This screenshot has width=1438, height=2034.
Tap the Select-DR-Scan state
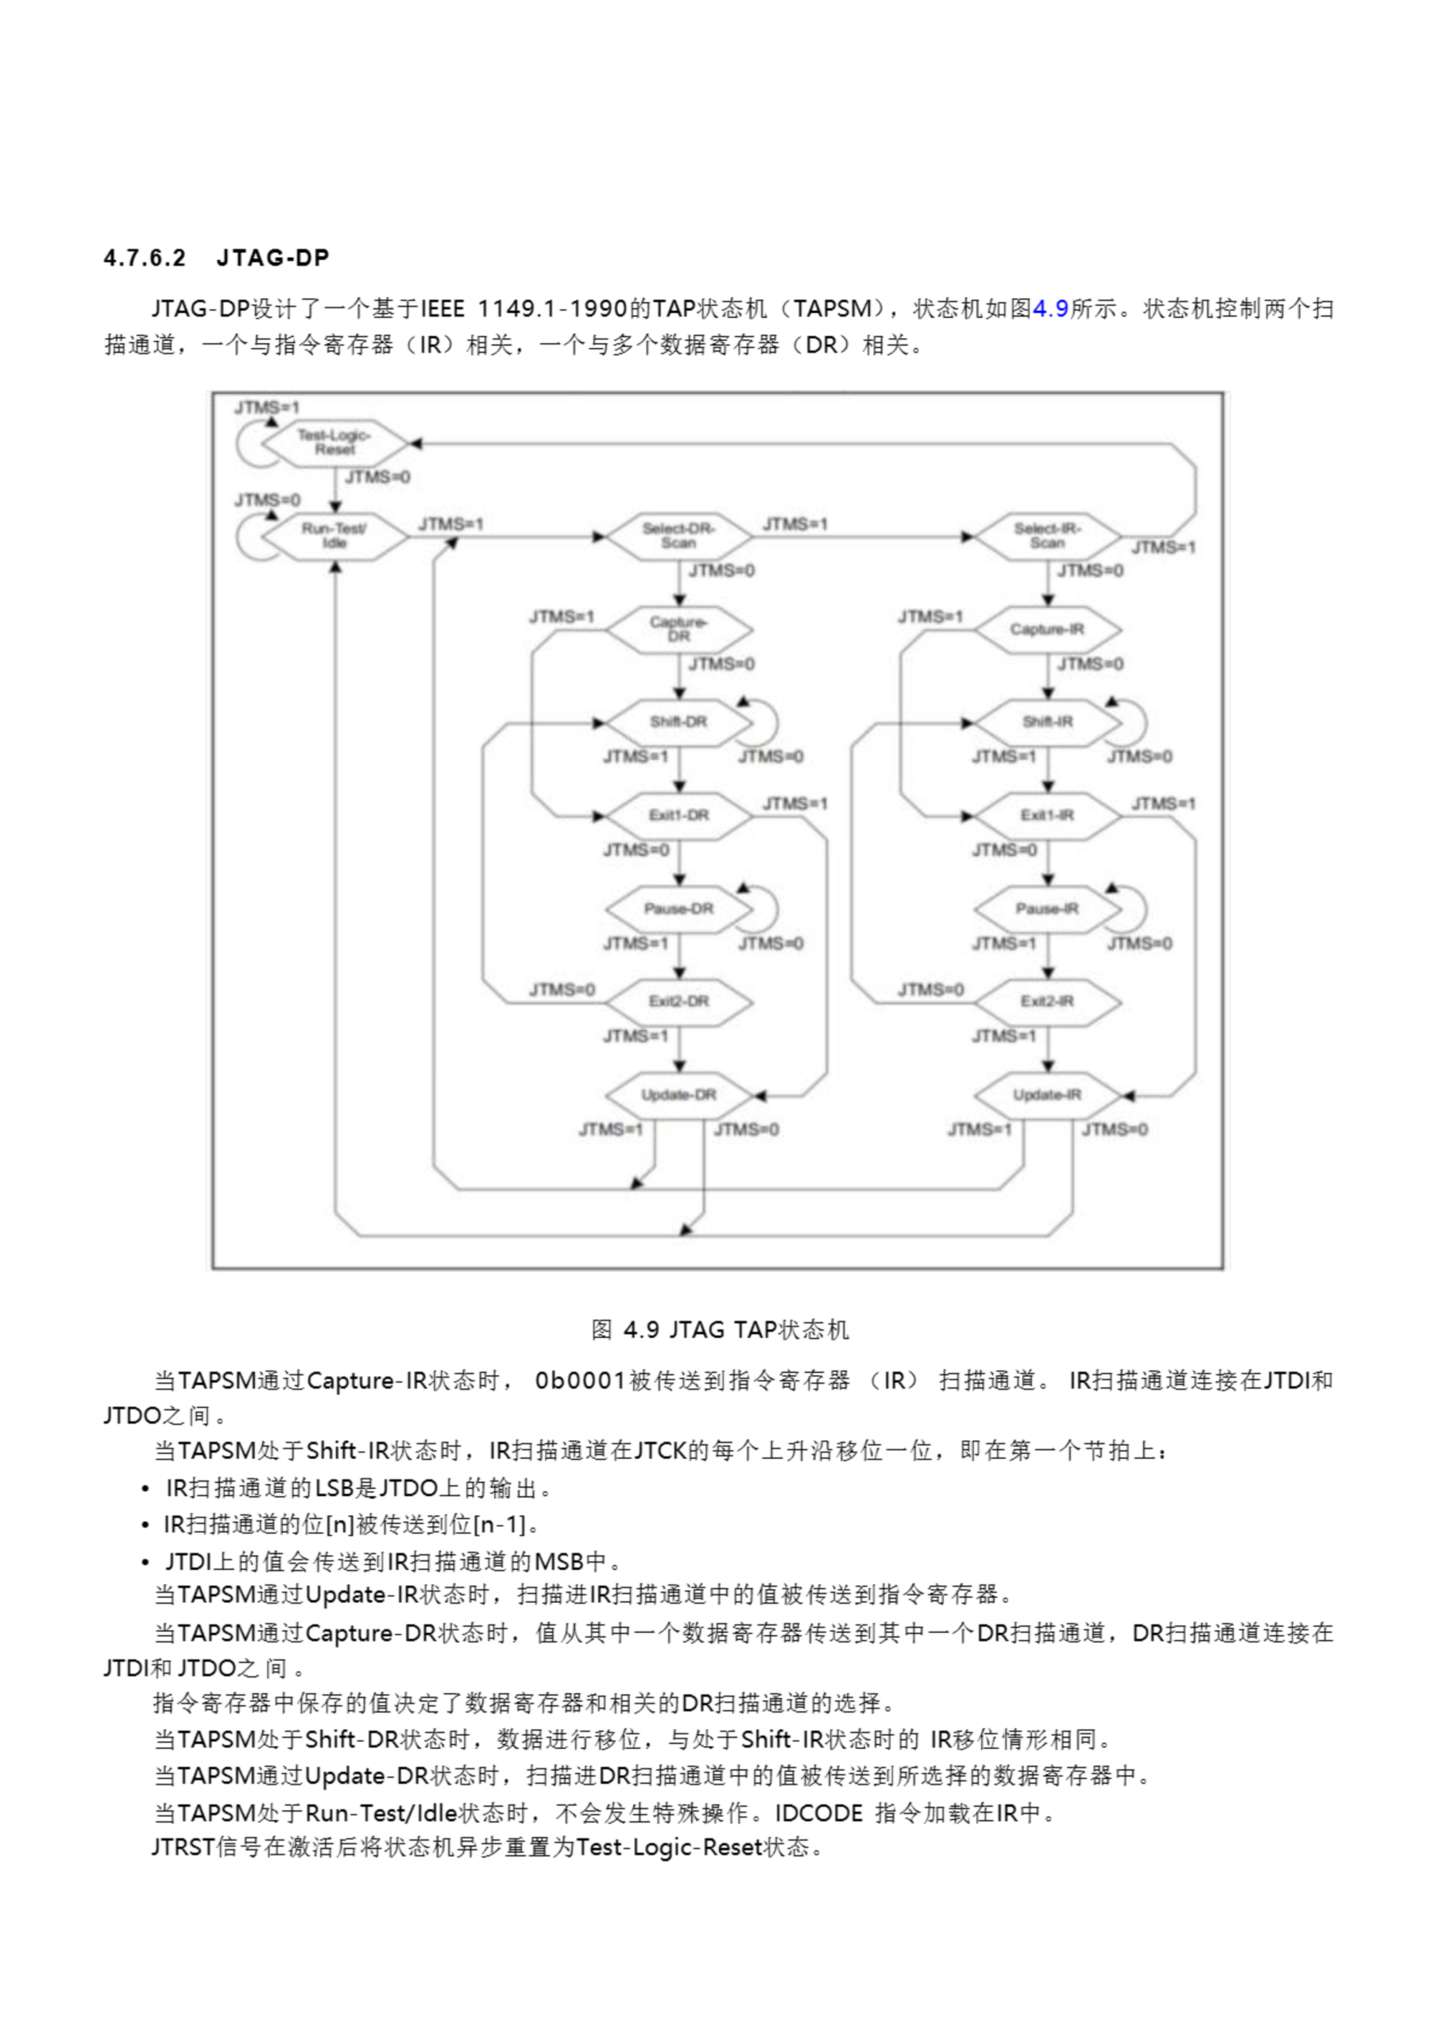678,536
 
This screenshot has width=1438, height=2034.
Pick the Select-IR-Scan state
1047,536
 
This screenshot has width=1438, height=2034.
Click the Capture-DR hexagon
678,629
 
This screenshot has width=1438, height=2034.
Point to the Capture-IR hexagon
1047,629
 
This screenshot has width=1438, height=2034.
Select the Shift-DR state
678,722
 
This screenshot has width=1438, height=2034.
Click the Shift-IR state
1047,722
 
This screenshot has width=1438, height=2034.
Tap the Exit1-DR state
678,815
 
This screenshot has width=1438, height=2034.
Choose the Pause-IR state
1047,909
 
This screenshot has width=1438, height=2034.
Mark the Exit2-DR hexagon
678,1002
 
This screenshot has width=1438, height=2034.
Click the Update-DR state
678,1095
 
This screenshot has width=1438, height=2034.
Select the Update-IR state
1047,1095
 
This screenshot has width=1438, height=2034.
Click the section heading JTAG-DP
272,257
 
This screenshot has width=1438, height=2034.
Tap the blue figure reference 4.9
1051,309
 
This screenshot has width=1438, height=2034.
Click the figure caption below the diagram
720,1330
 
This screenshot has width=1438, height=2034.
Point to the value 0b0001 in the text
580,1381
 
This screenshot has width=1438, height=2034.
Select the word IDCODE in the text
818,1813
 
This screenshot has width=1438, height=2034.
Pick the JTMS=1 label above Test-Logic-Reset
268,408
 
